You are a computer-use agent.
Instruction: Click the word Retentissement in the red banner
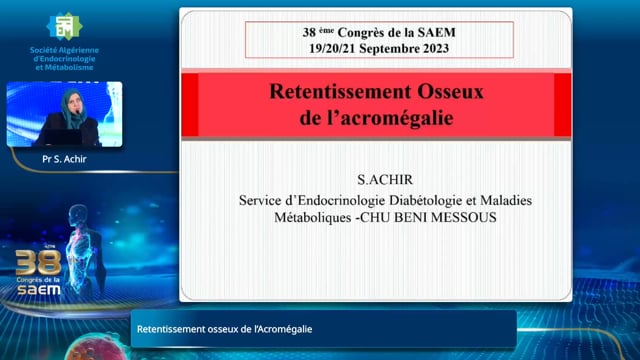pyautogui.click(x=340, y=91)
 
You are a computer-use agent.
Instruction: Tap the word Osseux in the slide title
pyautogui.click(x=450, y=91)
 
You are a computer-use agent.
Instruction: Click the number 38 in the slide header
pyautogui.click(x=309, y=32)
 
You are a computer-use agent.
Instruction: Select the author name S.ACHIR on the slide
pyautogui.click(x=385, y=180)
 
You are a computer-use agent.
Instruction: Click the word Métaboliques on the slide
pyautogui.click(x=313, y=218)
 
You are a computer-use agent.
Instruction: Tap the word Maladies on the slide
pyautogui.click(x=506, y=200)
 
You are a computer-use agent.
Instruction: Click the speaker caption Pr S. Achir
pyautogui.click(x=64, y=159)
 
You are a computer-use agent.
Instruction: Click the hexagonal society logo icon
pyautogui.click(x=64, y=26)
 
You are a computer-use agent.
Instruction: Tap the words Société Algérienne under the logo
pyautogui.click(x=64, y=50)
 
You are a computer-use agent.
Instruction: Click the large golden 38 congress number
pyautogui.click(x=38, y=263)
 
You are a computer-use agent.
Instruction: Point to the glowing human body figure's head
pyautogui.click(x=78, y=214)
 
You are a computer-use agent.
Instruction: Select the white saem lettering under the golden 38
pyautogui.click(x=39, y=290)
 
